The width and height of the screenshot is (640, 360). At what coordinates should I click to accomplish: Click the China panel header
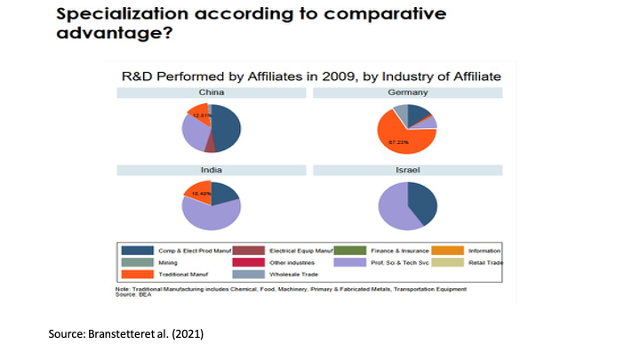click(x=211, y=92)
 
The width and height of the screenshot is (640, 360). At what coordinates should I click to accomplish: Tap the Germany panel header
click(x=408, y=92)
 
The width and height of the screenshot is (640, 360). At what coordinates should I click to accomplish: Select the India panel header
click(x=211, y=170)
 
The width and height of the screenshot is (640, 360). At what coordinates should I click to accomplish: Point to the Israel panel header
click(x=408, y=170)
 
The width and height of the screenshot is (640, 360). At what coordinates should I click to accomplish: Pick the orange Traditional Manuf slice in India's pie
click(x=196, y=191)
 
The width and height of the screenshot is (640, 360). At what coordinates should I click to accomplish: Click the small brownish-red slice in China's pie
click(x=210, y=141)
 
